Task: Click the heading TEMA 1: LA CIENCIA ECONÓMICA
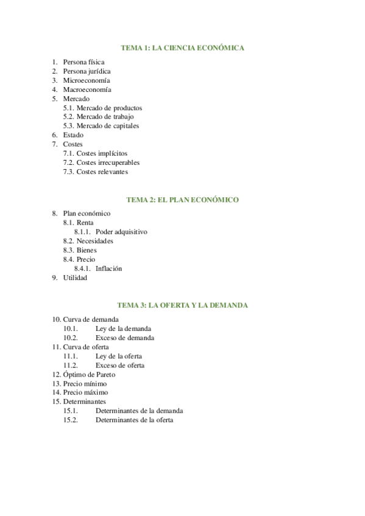(x=182, y=47)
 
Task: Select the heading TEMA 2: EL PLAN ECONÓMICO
(x=182, y=200)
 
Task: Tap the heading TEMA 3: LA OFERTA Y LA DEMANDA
(x=182, y=305)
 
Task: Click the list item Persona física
(x=83, y=62)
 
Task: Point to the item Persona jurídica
(x=87, y=71)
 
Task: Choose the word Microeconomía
(x=87, y=80)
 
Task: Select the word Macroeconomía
(x=87, y=89)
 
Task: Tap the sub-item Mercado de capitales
(x=108, y=126)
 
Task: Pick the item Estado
(x=73, y=135)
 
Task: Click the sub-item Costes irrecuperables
(x=108, y=162)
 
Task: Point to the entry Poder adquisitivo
(x=121, y=232)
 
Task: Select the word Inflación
(x=108, y=268)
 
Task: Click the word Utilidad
(x=75, y=277)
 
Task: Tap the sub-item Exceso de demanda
(x=124, y=338)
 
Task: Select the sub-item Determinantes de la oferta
(x=134, y=420)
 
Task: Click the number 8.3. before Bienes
(x=68, y=250)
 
